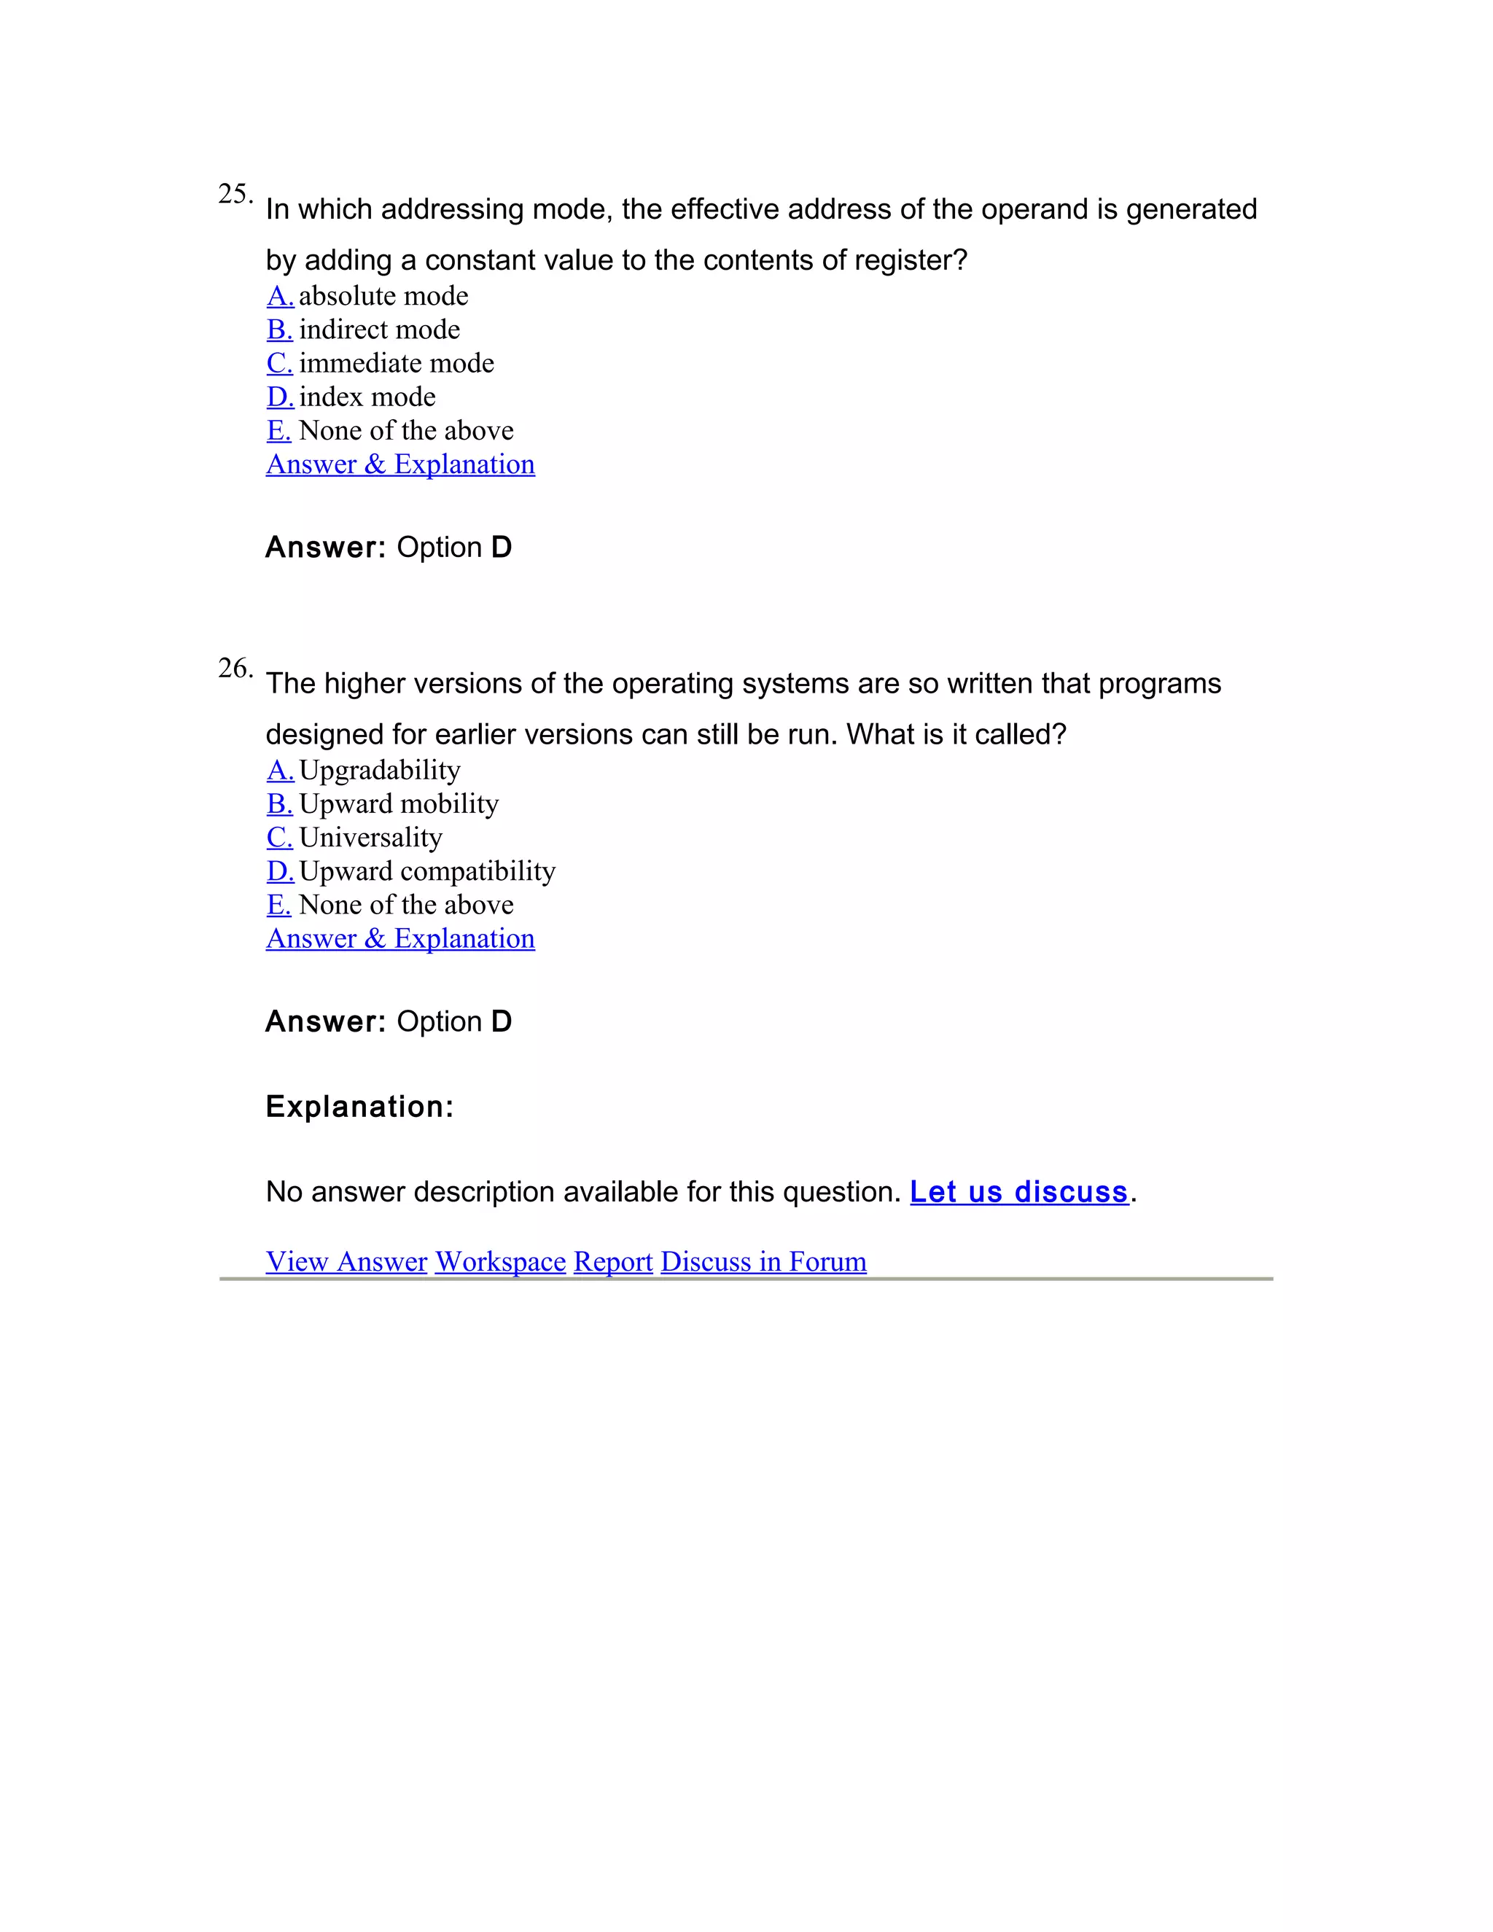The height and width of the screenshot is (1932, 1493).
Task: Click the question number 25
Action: click(x=235, y=195)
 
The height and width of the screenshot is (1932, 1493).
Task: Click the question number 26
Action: click(x=235, y=669)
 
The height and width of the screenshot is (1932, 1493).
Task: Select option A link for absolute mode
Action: click(x=279, y=295)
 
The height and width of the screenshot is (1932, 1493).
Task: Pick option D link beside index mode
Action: click(x=279, y=397)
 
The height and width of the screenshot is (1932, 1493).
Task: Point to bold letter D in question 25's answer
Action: click(x=502, y=548)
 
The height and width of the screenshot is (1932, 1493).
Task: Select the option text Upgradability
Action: click(x=379, y=770)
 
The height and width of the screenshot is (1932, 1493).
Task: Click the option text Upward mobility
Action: click(x=399, y=803)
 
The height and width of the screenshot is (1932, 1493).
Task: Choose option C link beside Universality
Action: click(x=279, y=837)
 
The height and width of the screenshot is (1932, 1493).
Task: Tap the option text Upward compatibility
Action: click(x=427, y=870)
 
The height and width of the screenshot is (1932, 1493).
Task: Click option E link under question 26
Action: click(x=278, y=904)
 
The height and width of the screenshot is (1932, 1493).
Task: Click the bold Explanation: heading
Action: click(x=359, y=1107)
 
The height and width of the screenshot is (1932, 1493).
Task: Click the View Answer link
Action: click(x=347, y=1261)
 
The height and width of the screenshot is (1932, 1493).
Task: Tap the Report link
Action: click(x=613, y=1261)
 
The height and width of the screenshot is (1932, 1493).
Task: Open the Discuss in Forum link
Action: click(x=763, y=1261)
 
